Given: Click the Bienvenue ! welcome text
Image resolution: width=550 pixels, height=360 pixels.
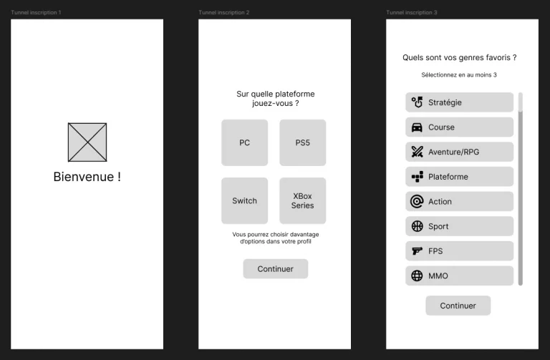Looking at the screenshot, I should (x=87, y=177).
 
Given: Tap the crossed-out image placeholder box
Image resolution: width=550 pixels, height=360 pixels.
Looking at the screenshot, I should (x=87, y=142).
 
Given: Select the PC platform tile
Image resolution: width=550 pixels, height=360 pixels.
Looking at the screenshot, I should (x=244, y=142).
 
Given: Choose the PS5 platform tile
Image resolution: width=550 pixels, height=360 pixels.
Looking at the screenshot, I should (x=302, y=142).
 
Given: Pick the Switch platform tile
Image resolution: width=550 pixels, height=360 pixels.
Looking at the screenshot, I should (x=244, y=200).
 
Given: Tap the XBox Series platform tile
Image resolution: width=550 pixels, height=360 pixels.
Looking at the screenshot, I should (x=302, y=200).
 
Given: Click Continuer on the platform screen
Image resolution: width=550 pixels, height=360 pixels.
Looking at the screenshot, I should (x=275, y=269).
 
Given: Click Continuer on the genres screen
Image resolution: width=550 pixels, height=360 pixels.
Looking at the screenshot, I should (x=458, y=306).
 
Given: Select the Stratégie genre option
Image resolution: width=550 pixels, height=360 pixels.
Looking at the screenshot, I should (x=459, y=102).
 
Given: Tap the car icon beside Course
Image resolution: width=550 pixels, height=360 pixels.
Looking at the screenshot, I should (x=417, y=127).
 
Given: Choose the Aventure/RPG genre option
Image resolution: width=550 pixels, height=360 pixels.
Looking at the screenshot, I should (x=459, y=152).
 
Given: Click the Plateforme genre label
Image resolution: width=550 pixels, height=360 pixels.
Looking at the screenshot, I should (x=448, y=177).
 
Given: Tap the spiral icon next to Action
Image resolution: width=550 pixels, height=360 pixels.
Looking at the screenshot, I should (x=417, y=202).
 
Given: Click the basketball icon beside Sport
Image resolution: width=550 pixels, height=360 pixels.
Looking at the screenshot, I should (x=417, y=226).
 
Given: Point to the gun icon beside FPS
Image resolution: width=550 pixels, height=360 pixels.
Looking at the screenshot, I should (x=417, y=251).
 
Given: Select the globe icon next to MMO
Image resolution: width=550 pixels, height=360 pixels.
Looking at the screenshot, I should (x=417, y=276).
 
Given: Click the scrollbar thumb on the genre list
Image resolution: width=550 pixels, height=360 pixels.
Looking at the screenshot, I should (x=521, y=102).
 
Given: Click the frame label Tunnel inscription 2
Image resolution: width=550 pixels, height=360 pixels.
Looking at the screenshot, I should (x=223, y=13).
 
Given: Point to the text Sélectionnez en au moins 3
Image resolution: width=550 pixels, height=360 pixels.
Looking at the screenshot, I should (x=459, y=75).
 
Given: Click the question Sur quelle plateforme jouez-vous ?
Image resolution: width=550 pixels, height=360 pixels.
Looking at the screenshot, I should (x=275, y=99).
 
